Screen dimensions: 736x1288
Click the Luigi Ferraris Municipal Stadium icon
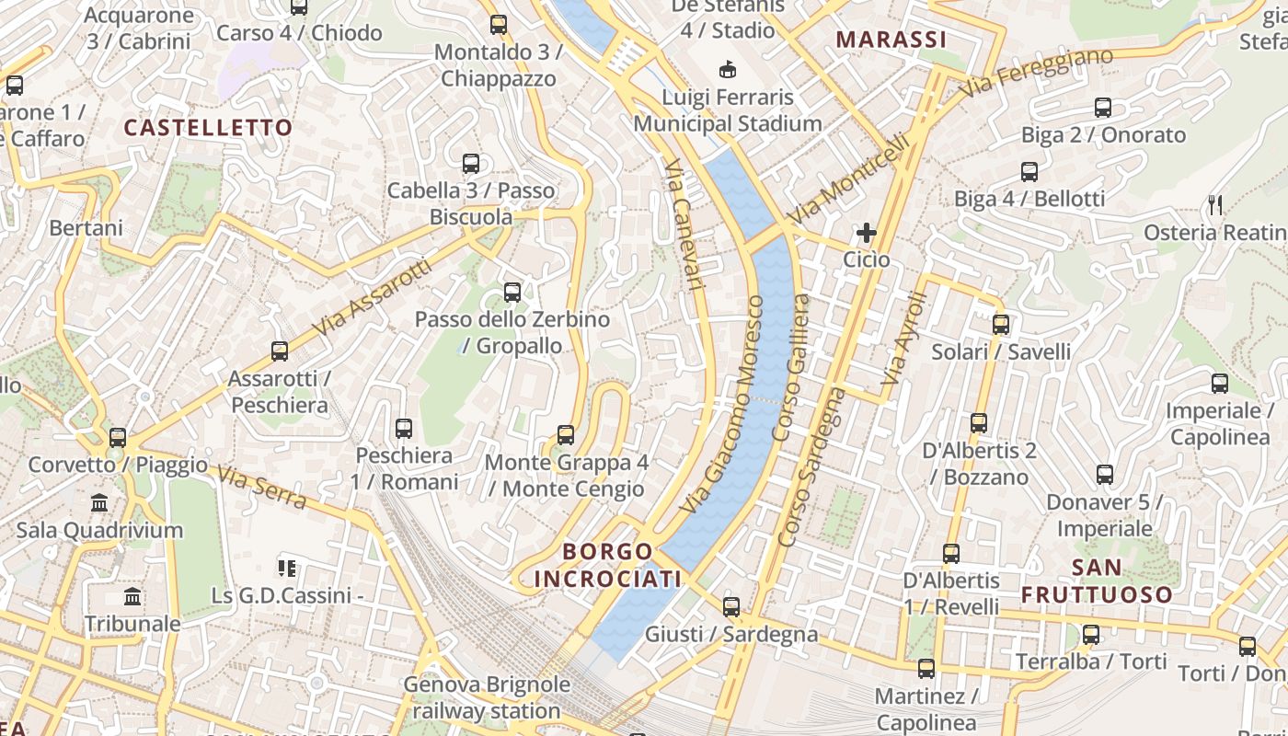(x=728, y=69)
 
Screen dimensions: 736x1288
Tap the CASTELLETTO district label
(x=208, y=128)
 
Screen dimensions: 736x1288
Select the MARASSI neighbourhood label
(x=891, y=40)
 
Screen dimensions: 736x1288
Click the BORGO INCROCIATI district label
(x=607, y=565)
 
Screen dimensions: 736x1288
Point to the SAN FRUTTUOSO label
(x=1097, y=581)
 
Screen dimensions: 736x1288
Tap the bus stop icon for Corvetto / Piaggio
(x=118, y=438)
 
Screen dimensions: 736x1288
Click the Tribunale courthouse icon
(x=132, y=597)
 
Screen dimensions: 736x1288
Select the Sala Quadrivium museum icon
(x=99, y=503)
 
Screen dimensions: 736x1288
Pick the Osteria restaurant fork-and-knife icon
(x=1216, y=205)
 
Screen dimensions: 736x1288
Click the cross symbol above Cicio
(x=866, y=233)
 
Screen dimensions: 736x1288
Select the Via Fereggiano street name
(x=1036, y=73)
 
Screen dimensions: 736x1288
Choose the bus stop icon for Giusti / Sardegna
(x=731, y=607)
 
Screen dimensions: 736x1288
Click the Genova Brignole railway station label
(x=486, y=697)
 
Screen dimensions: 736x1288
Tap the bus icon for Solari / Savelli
(x=1001, y=325)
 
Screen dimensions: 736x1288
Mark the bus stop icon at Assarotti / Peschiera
(x=280, y=351)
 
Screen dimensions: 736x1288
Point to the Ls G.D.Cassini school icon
(x=287, y=569)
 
